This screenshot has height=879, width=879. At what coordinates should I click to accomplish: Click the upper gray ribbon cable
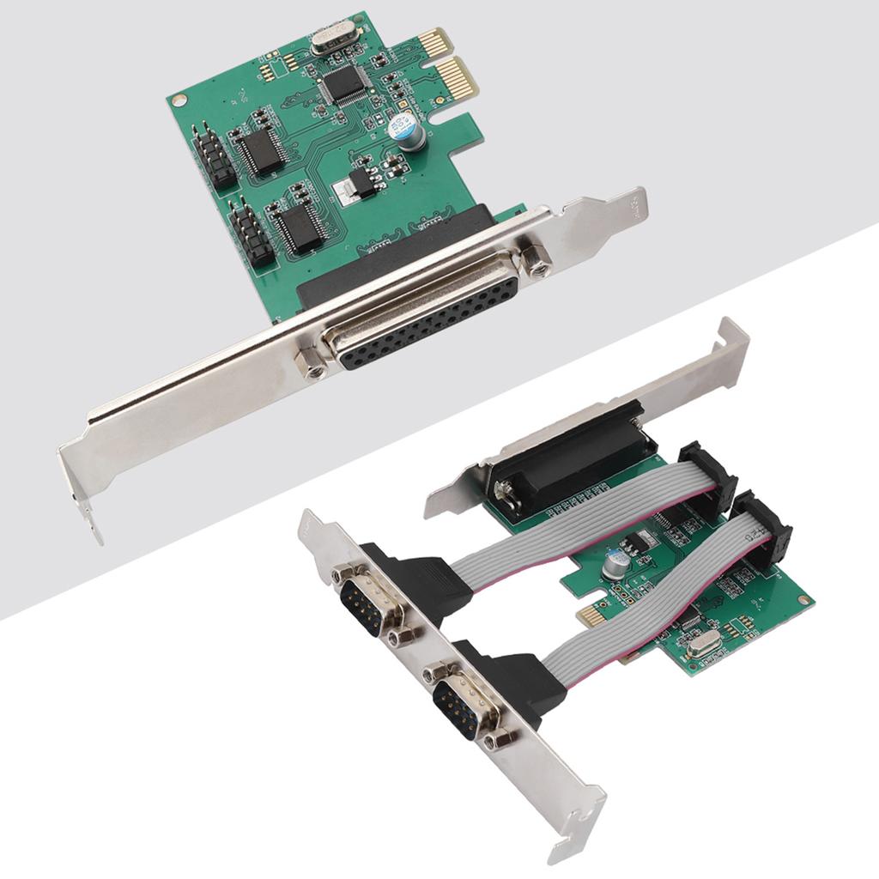[584, 524]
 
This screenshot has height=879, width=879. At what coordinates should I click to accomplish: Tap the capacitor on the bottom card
[616, 563]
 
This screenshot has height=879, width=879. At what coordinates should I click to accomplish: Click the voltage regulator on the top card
[357, 187]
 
